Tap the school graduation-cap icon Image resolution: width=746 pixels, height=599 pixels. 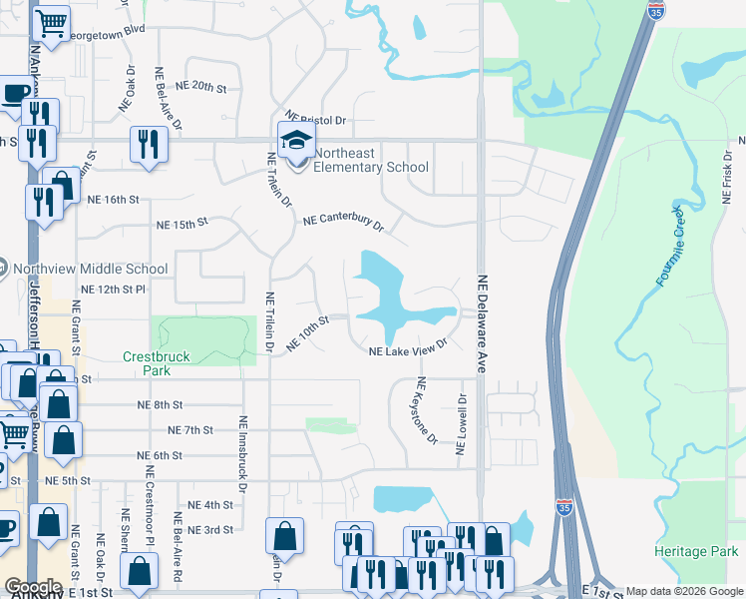pyautogui.click(x=296, y=141)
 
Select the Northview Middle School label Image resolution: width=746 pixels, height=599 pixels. pyautogui.click(x=91, y=269)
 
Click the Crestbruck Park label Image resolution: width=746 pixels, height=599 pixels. pyautogui.click(x=147, y=363)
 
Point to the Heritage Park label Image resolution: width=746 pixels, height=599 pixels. pyautogui.click(x=697, y=551)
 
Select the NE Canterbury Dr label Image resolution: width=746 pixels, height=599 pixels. pyautogui.click(x=344, y=221)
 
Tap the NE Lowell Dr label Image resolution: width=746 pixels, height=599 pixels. pyautogui.click(x=462, y=424)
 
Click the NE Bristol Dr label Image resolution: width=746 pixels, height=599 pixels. pyautogui.click(x=315, y=119)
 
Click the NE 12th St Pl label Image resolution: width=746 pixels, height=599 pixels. pyautogui.click(x=113, y=289)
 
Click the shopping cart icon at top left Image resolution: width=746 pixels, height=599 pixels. pyautogui.click(x=51, y=22)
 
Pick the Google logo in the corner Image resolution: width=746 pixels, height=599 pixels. pyautogui.click(x=33, y=587)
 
